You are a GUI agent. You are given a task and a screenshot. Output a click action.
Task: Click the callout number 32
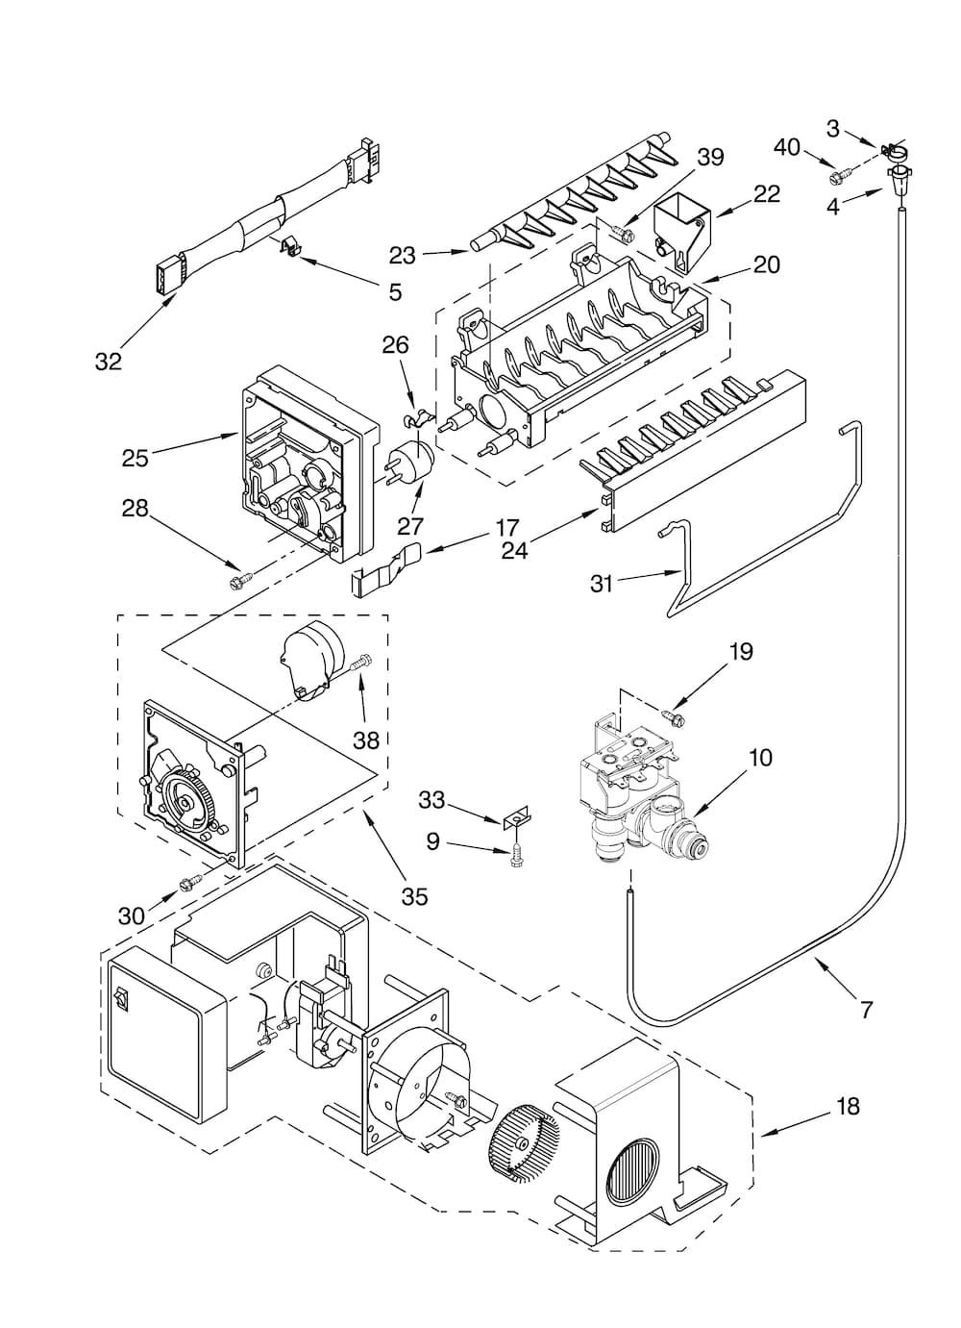[109, 361]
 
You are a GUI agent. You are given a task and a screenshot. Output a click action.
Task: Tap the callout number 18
[848, 1106]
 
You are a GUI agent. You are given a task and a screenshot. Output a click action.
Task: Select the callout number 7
[867, 1010]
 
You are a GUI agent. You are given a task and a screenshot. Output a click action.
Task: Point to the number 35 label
[414, 897]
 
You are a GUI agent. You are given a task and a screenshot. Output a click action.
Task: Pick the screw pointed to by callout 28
[239, 581]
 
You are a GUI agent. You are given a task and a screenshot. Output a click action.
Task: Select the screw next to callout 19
[674, 718]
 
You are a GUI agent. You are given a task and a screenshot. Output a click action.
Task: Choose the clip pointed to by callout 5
[288, 244]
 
